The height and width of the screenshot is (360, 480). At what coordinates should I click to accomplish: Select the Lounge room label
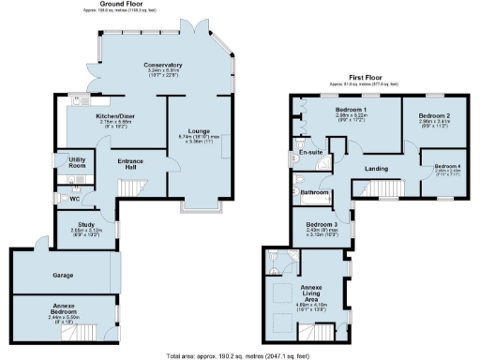tap(190, 130)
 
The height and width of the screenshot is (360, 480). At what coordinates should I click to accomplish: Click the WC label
tap(74, 199)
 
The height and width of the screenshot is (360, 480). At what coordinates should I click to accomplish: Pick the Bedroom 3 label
tap(321, 225)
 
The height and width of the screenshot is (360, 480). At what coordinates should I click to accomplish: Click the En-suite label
tap(310, 151)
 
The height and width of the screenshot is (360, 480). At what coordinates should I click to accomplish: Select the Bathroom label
tap(313, 192)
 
